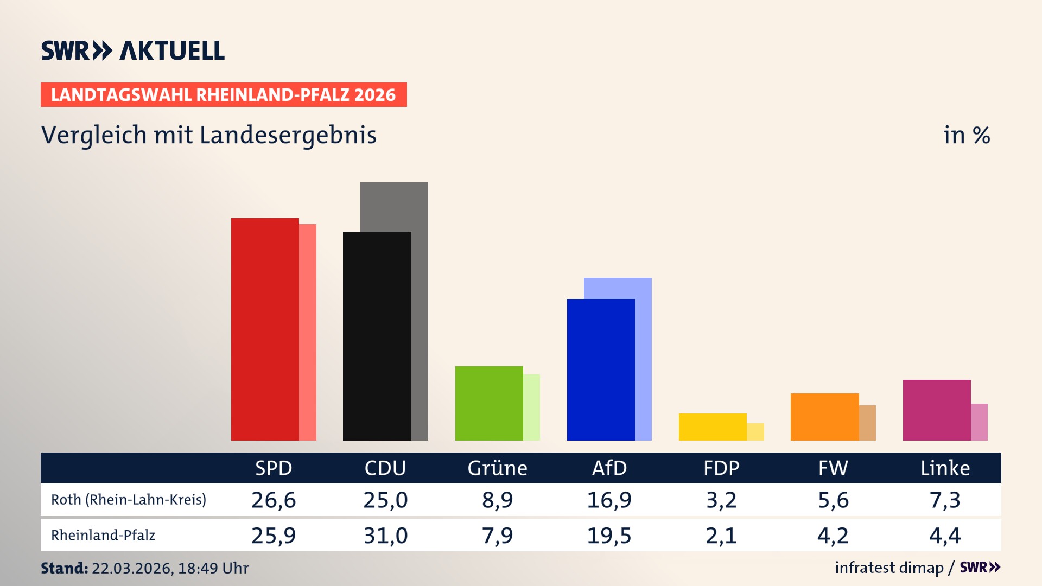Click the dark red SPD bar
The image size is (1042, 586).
[265, 329]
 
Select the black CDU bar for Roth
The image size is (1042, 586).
[377, 336]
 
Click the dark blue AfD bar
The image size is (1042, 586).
[601, 370]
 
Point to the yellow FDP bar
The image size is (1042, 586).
[713, 427]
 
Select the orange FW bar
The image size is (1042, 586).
[824, 417]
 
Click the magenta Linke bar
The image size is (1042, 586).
[937, 410]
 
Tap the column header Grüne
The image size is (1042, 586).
[497, 468]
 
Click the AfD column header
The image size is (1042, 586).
[609, 468]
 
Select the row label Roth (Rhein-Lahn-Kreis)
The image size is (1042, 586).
[129, 500]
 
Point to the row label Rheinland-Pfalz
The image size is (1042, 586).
[103, 536]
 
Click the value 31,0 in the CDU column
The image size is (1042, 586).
[385, 536]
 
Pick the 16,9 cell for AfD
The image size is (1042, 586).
[609, 500]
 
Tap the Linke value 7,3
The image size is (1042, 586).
[945, 500]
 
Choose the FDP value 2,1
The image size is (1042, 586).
[721, 536]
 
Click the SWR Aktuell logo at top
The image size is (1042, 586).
[133, 50]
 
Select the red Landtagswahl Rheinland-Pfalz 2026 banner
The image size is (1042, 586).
[224, 95]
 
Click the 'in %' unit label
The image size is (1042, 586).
[966, 135]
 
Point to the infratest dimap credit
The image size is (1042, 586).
[889, 568]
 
